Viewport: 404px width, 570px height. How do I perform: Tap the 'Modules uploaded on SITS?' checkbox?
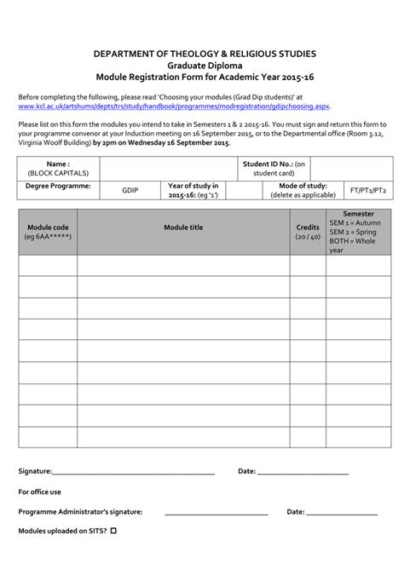tap(113, 531)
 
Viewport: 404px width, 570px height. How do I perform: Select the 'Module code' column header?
tap(48, 233)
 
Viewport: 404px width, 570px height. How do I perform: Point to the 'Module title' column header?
tap(182, 227)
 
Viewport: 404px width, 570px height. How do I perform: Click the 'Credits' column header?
tap(307, 233)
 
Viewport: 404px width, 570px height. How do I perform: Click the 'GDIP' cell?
tap(130, 191)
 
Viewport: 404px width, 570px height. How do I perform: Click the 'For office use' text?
tap(40, 492)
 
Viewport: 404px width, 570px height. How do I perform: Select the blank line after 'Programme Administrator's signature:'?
tap(216, 512)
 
